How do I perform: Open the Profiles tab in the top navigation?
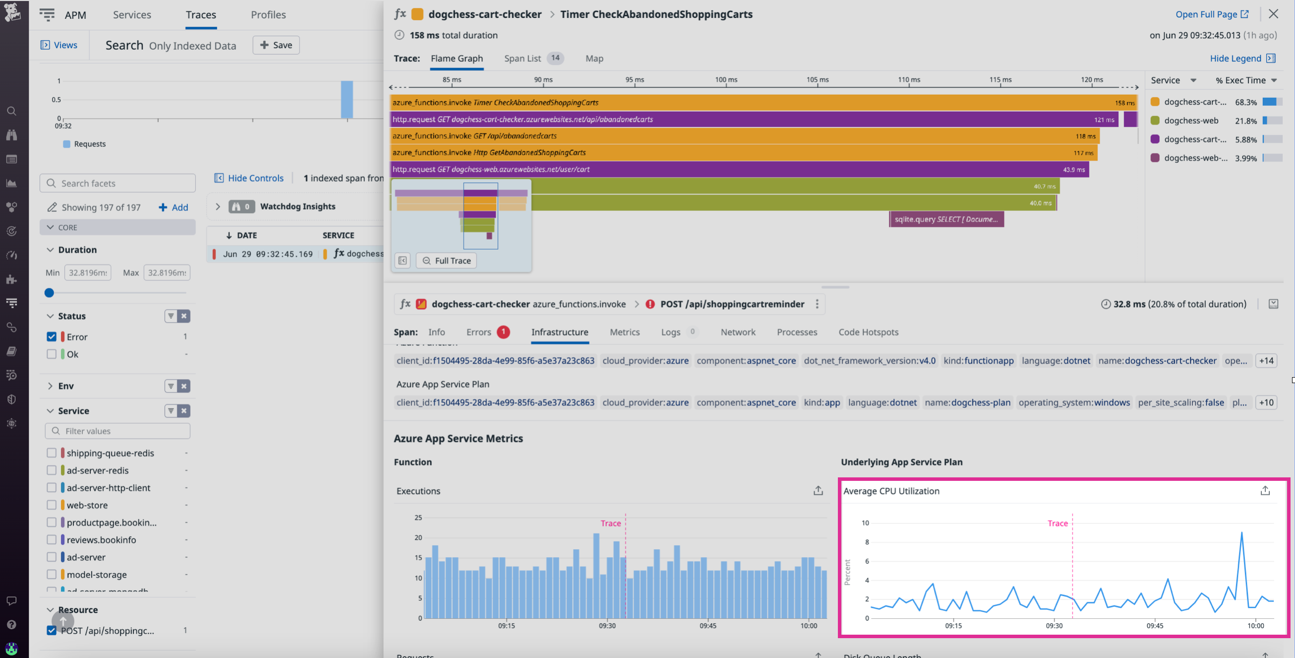(x=268, y=14)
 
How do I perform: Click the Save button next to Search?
(x=276, y=45)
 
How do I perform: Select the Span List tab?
(x=523, y=59)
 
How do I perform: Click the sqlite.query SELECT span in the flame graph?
(x=946, y=219)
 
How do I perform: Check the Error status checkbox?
(x=51, y=336)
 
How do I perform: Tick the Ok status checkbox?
(x=51, y=354)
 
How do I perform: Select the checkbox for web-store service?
(x=51, y=505)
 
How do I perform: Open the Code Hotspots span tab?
(x=868, y=332)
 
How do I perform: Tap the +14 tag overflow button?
(x=1266, y=361)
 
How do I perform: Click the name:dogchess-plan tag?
(x=967, y=402)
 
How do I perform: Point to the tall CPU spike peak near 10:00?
(x=1241, y=533)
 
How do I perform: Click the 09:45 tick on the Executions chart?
(x=707, y=625)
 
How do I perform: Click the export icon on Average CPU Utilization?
(x=1265, y=490)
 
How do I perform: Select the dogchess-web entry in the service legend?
(x=1191, y=120)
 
